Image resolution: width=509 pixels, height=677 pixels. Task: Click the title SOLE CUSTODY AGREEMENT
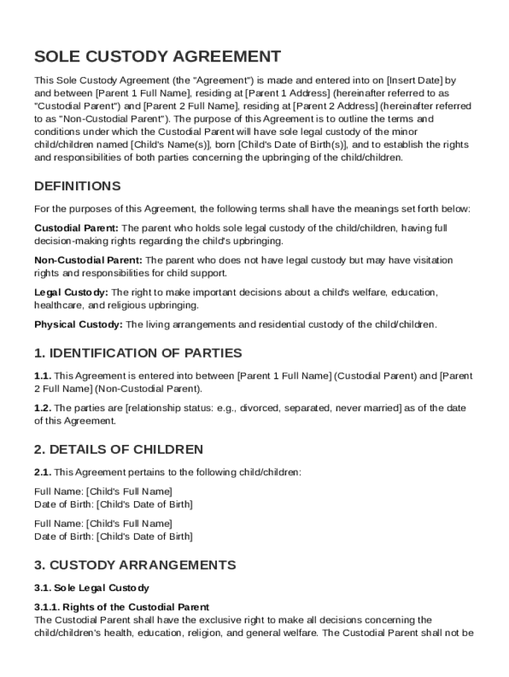coord(157,56)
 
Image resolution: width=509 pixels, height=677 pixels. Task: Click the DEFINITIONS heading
coord(77,186)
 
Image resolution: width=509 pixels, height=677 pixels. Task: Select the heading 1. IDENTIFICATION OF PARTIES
coord(138,353)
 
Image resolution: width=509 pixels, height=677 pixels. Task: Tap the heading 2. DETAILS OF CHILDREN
coord(118,450)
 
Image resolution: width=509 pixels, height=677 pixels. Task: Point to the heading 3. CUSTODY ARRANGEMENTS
coord(135,565)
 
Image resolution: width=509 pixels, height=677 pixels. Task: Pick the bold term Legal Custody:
coord(71,292)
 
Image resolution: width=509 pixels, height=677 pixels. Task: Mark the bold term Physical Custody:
coord(78,325)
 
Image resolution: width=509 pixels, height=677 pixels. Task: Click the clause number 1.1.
coord(42,376)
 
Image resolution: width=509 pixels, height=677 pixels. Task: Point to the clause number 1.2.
coord(42,409)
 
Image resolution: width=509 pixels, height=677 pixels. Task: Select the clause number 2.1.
coord(42,473)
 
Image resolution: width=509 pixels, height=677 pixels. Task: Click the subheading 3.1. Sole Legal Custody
coord(92,588)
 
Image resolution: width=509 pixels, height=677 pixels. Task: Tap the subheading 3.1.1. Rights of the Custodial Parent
coord(122,607)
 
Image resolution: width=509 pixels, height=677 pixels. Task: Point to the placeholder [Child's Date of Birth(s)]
coord(293,145)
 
